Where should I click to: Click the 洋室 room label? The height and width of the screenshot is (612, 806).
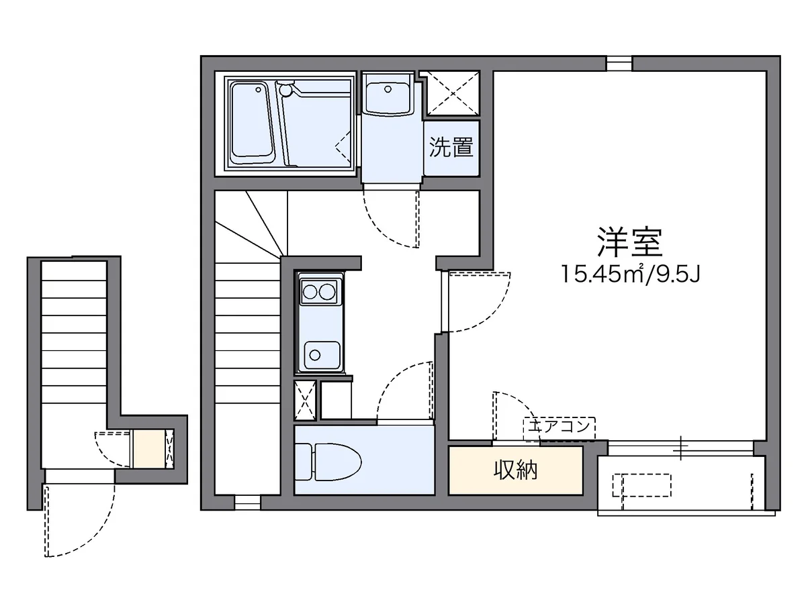[629, 242]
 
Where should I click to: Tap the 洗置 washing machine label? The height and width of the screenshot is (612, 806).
[451, 148]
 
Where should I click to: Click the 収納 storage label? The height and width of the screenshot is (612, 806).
[516, 471]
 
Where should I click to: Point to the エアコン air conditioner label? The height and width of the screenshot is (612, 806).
[559, 425]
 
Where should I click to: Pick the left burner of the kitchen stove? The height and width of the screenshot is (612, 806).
[310, 291]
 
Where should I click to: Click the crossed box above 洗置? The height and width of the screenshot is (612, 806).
[451, 93]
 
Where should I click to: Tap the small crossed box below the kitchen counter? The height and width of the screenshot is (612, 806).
[305, 401]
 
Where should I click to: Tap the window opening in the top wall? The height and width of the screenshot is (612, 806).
[619, 63]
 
